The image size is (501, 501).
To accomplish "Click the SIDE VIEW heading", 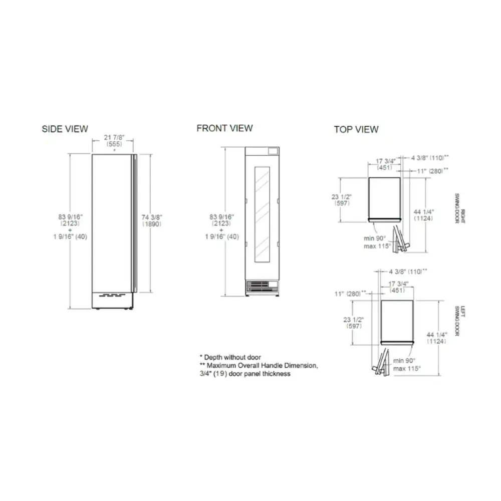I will (65, 129).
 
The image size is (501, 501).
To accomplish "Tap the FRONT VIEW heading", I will (224, 128).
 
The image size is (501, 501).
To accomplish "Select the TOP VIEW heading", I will (356, 129).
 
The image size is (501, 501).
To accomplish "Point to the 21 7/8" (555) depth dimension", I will (115, 139).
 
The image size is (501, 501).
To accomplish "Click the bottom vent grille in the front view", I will (262, 286).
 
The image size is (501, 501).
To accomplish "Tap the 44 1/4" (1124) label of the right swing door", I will (423, 215).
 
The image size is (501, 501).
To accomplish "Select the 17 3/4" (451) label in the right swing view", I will (386, 164).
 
